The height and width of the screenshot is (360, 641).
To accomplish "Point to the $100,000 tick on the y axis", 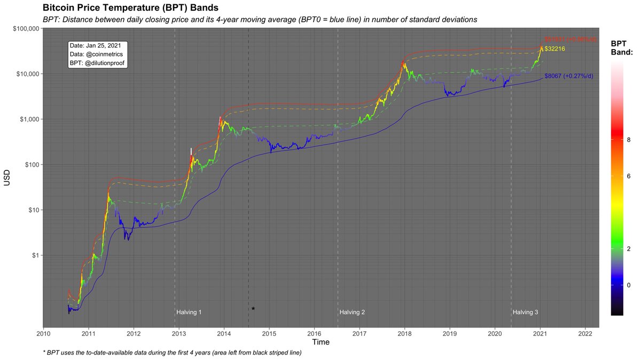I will pos(22,28).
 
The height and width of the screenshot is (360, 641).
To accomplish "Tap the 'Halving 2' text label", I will pos(353,312).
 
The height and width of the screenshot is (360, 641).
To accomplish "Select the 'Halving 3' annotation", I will pos(526,312).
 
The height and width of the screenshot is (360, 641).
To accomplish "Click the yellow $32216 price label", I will pos(554,49).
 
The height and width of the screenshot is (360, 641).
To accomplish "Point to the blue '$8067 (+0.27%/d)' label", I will pos(568,76).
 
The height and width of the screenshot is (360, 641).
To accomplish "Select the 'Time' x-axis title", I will pos(320,342).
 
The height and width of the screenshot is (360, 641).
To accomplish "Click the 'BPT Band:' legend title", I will pos(621,48).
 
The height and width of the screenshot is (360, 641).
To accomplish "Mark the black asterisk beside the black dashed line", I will pos(253,309).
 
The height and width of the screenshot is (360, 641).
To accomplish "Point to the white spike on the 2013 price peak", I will pos(191,151).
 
